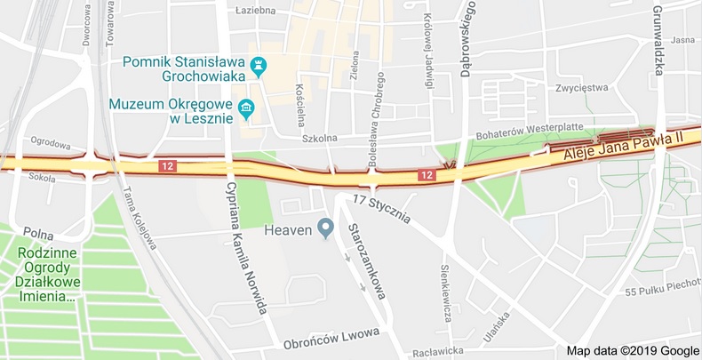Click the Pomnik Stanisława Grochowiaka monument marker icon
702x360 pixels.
[x=259, y=65]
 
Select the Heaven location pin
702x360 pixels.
[x=326, y=229]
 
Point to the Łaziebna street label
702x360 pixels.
[x=257, y=11]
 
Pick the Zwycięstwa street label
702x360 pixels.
[x=580, y=88]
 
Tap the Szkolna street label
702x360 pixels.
[x=319, y=138]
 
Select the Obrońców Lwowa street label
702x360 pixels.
[x=331, y=339]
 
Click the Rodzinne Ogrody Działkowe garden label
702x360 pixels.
[x=45, y=274]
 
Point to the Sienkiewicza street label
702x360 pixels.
[x=447, y=292]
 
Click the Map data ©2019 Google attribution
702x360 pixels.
[x=633, y=351]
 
